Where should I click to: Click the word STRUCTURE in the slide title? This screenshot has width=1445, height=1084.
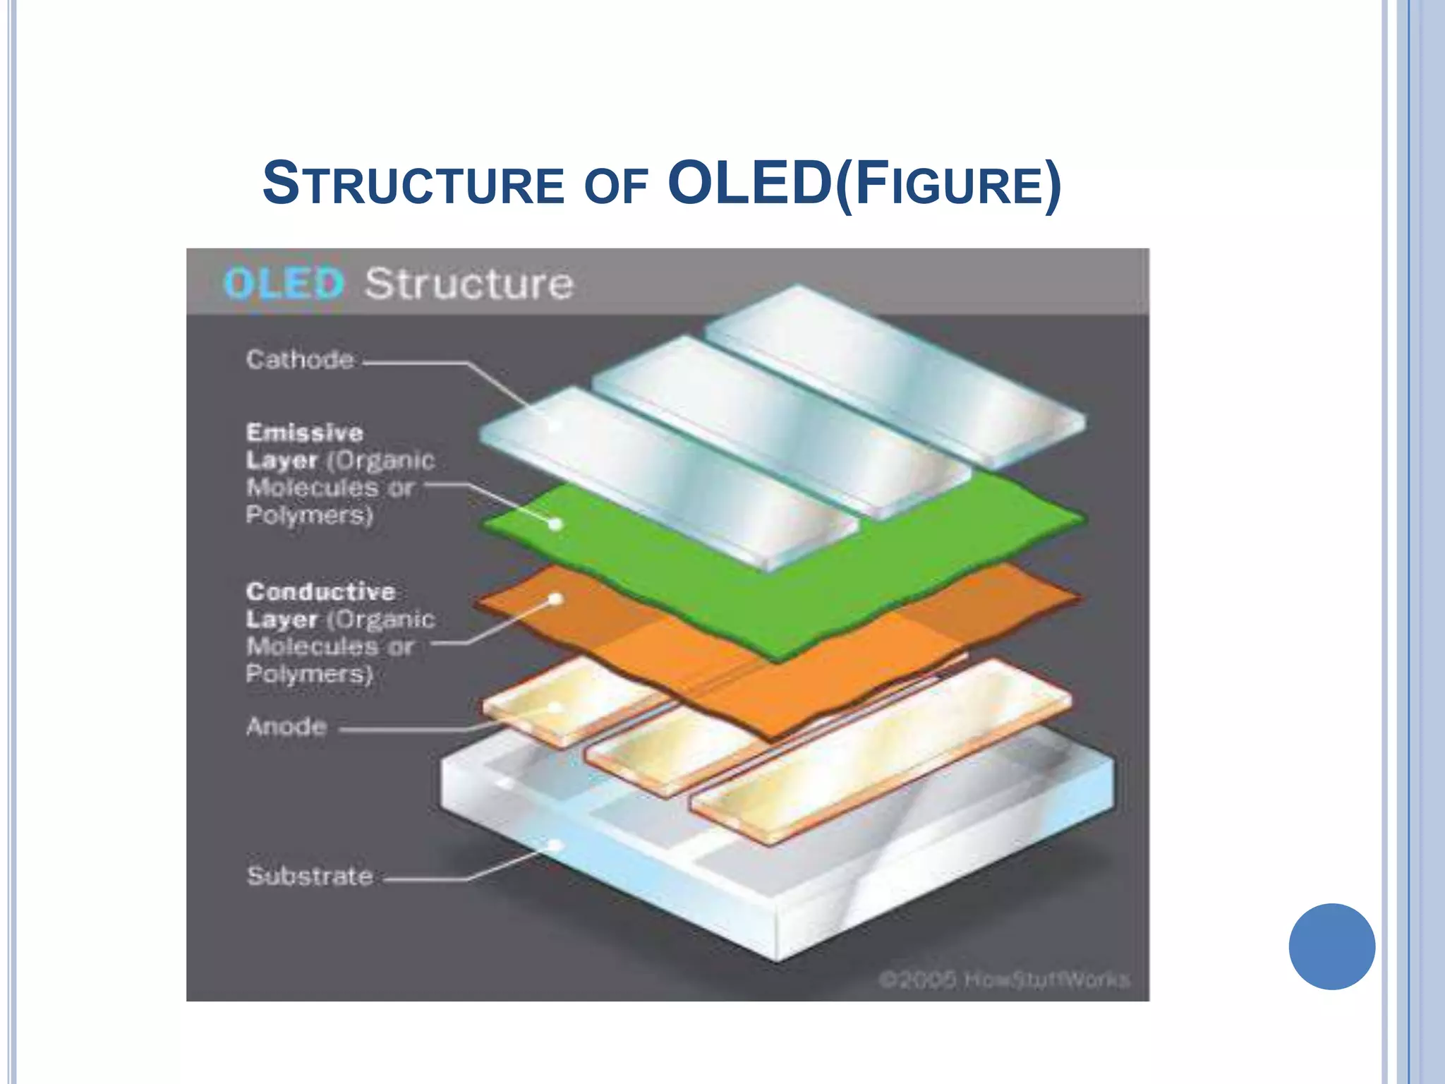[413, 185]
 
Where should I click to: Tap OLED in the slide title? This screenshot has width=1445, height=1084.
[749, 183]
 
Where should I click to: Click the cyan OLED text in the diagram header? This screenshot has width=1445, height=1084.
[284, 284]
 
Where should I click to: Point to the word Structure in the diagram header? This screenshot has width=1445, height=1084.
[469, 284]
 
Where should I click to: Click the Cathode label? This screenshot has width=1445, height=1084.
[300, 360]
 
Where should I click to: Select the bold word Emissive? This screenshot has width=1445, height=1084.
[305, 432]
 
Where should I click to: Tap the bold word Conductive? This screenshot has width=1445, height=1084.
[320, 591]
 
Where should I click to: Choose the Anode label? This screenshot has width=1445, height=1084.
[286, 726]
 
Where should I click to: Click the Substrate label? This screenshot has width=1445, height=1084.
[310, 876]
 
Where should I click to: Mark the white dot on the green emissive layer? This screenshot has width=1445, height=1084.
[555, 524]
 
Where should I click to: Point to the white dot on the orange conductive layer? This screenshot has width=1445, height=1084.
[555, 599]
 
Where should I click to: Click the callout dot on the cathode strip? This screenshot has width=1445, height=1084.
[555, 424]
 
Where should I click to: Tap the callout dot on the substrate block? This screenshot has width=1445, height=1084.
[555, 845]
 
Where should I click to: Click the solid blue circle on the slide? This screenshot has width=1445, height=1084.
[1331, 946]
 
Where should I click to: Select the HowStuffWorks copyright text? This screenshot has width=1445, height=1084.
[1004, 980]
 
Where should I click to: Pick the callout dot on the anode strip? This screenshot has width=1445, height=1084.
[555, 707]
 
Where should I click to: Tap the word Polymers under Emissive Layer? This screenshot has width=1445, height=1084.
[309, 515]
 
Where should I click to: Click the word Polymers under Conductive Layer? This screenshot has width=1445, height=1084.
[309, 674]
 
